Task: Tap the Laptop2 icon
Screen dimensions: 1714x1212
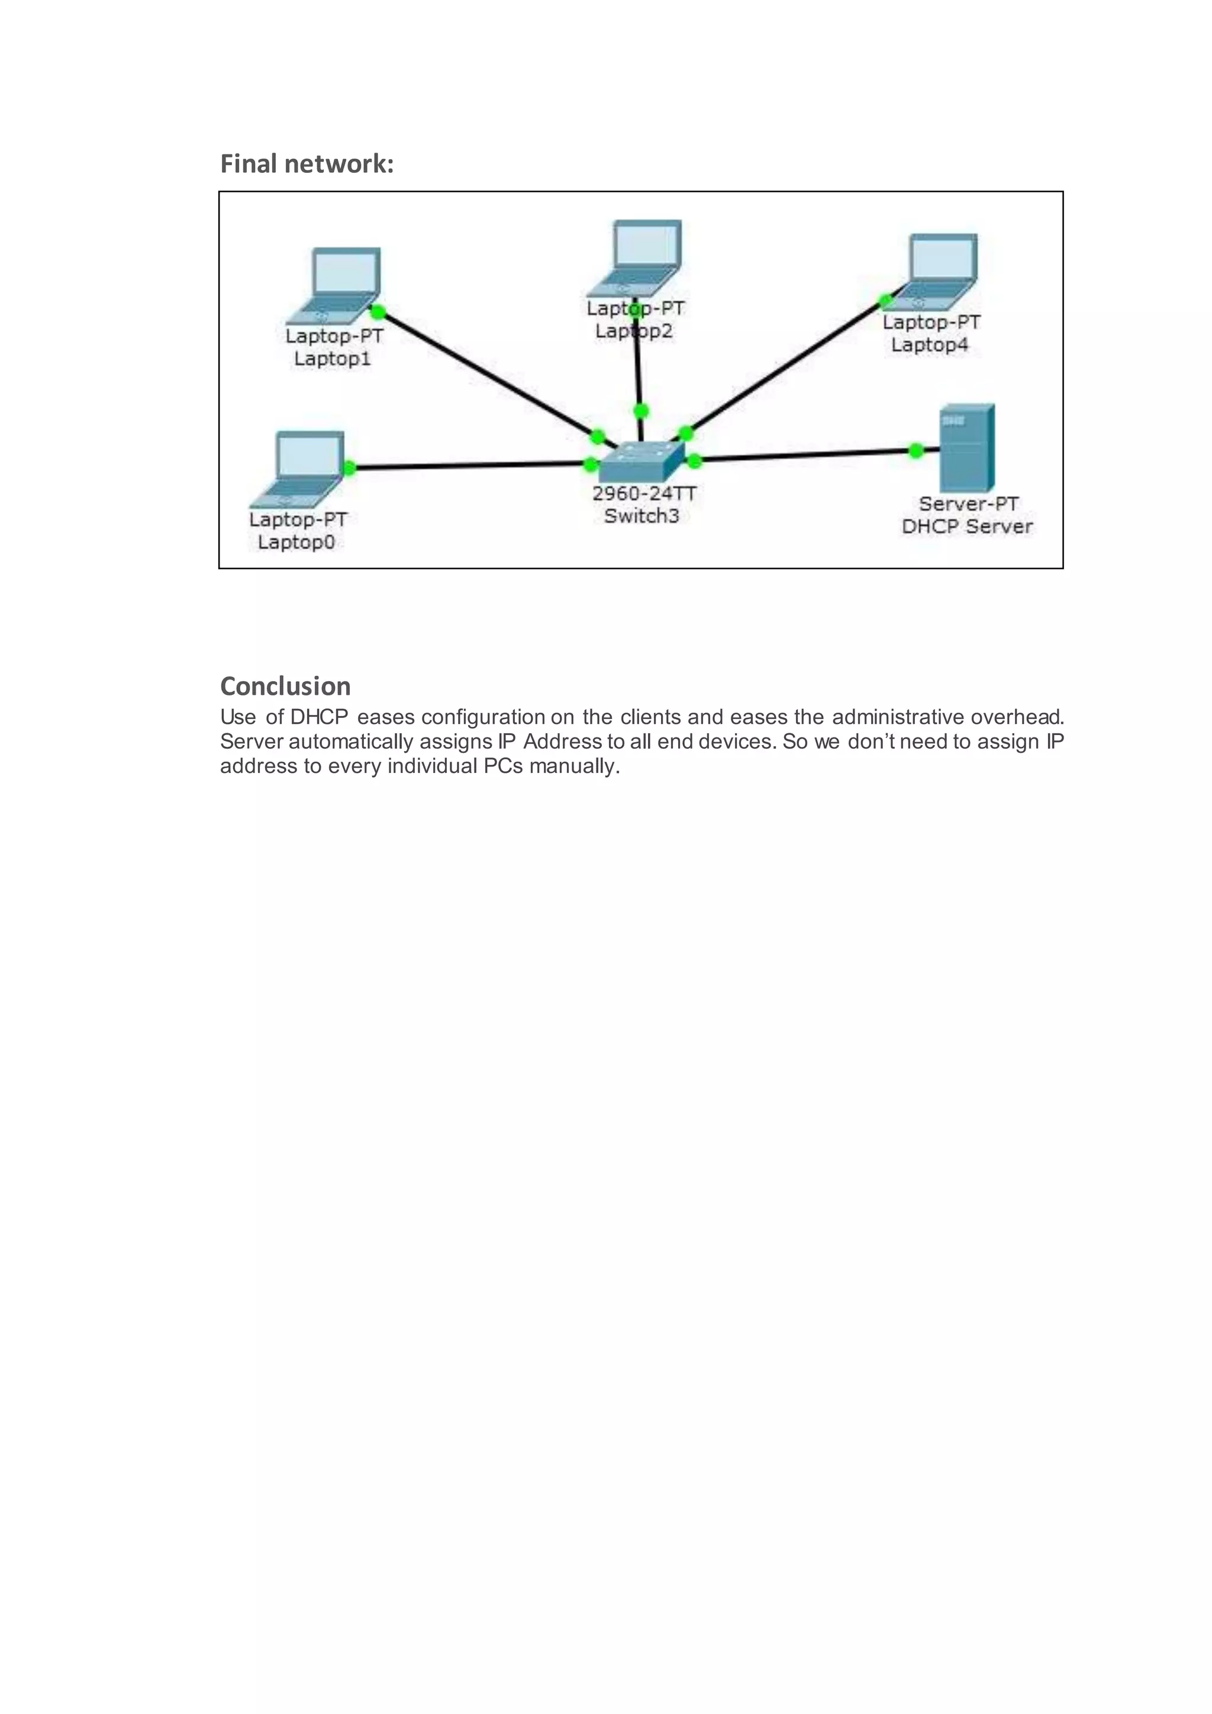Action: pos(640,257)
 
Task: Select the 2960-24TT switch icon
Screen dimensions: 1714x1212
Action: pos(641,461)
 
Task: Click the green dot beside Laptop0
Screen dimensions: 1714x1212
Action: pos(349,468)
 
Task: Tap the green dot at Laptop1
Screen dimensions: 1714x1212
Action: pos(378,311)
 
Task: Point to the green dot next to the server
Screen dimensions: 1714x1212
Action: pos(916,450)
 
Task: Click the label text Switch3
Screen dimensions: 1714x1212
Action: pos(641,516)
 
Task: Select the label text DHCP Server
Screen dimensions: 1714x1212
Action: pos(966,526)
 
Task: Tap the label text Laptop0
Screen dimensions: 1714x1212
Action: pos(296,542)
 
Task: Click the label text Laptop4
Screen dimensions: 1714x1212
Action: pos(929,345)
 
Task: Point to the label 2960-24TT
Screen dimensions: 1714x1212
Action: pos(644,494)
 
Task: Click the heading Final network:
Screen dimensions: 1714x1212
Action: pos(307,163)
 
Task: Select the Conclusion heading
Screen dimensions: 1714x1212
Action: pos(285,686)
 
